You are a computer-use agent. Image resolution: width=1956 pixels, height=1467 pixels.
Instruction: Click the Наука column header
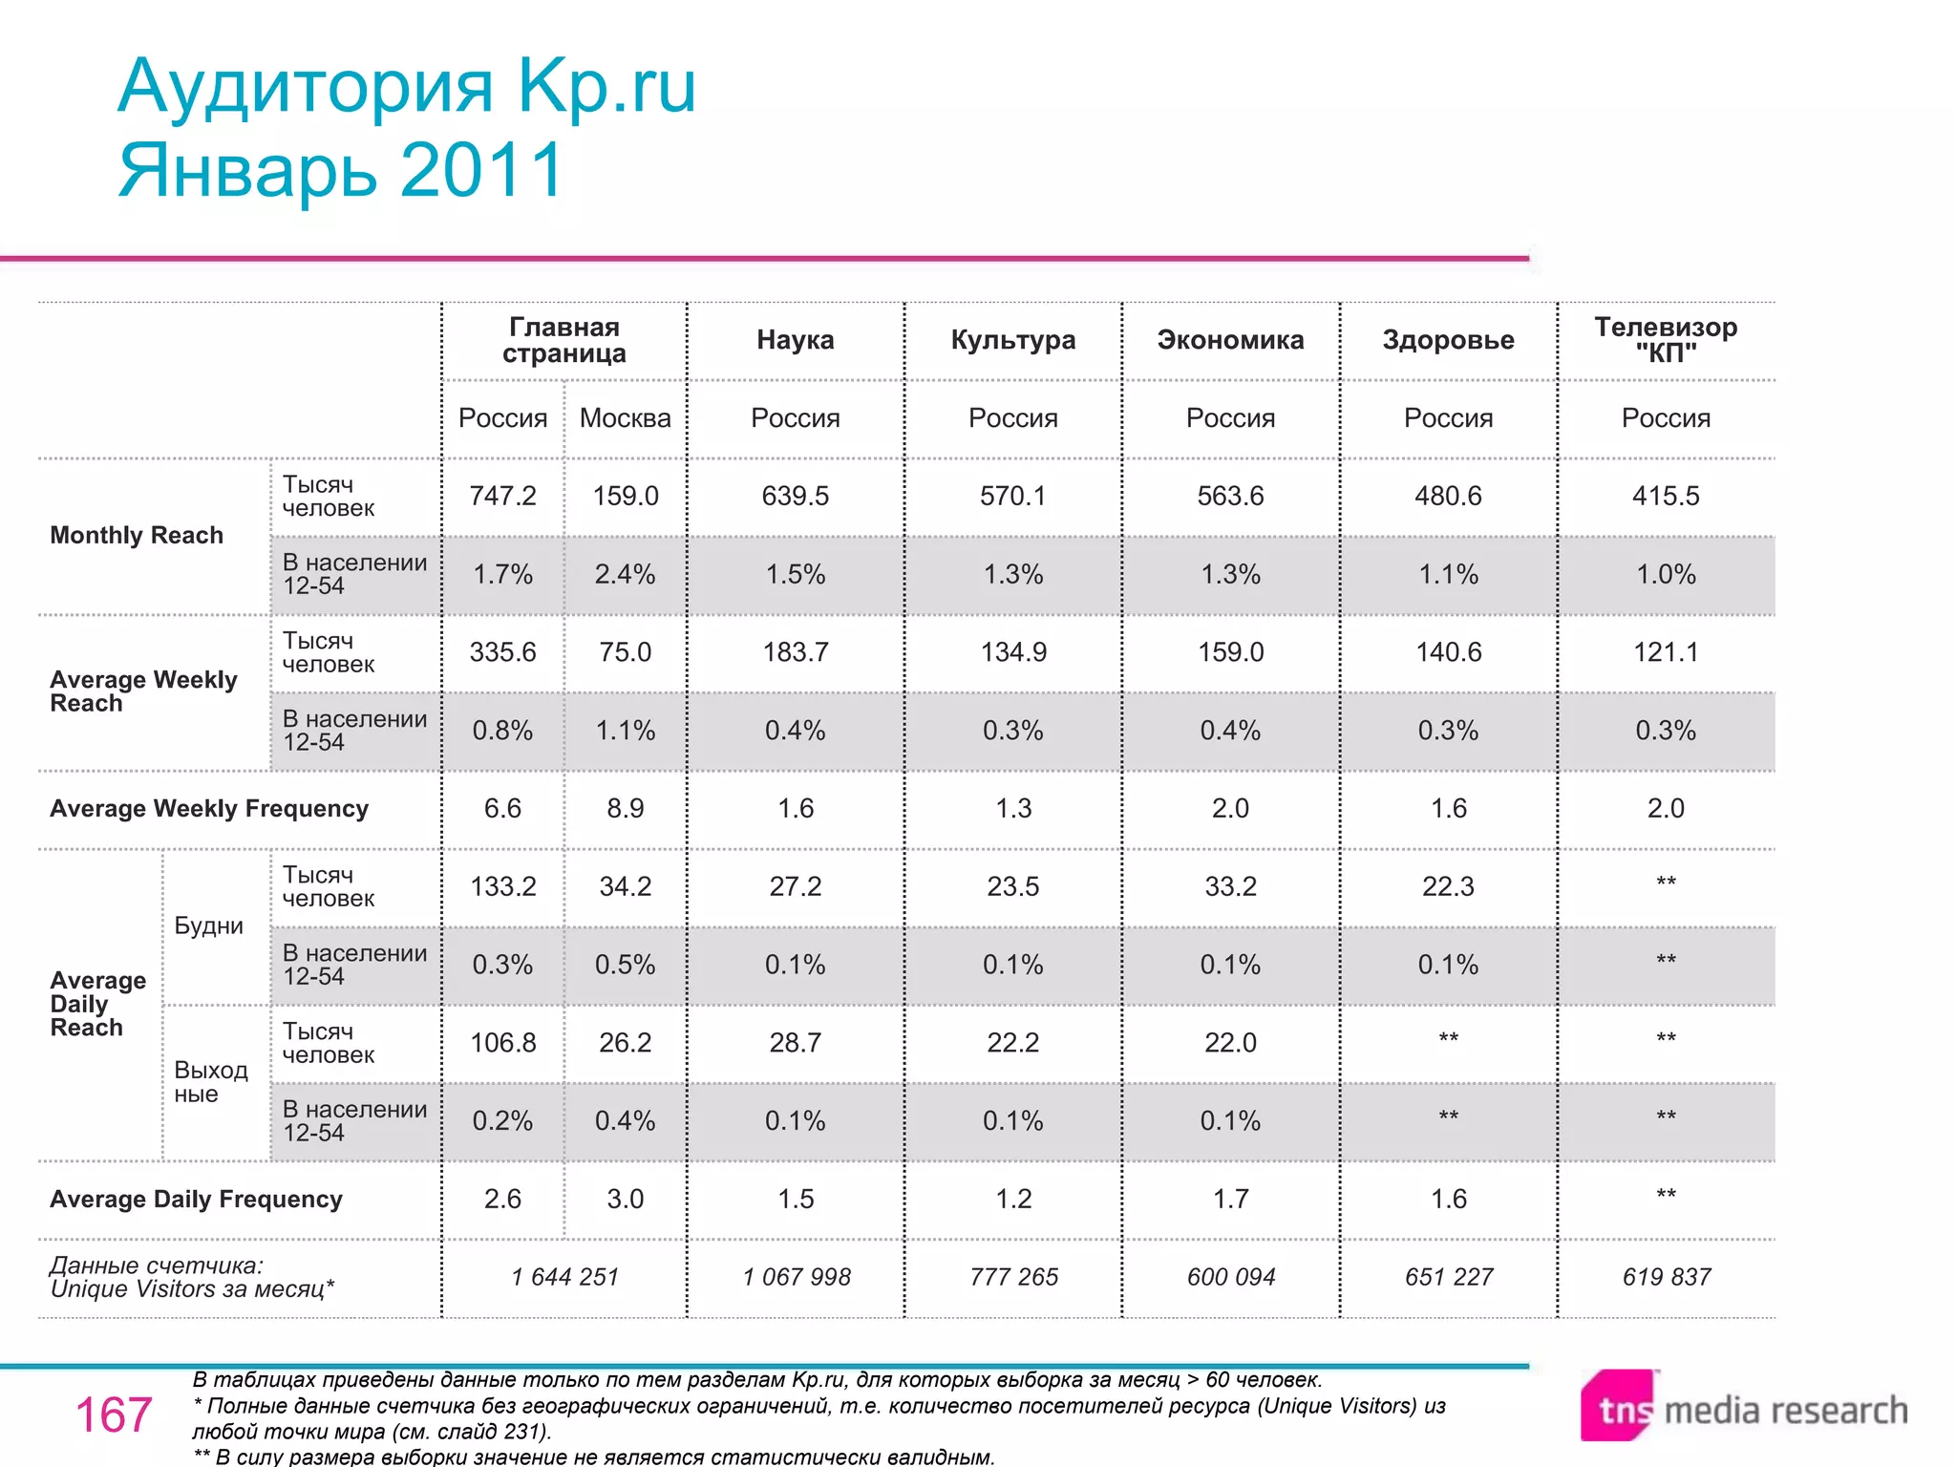[x=795, y=340]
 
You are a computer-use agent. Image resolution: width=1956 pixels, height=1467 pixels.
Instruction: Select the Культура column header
[x=1012, y=340]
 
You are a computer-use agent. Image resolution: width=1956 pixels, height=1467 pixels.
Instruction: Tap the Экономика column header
[x=1230, y=340]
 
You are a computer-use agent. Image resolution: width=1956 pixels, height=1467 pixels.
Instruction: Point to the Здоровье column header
[x=1448, y=340]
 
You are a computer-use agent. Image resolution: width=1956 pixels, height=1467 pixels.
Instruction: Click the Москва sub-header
[x=625, y=418]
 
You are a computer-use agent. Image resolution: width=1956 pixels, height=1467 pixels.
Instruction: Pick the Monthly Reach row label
[x=137, y=535]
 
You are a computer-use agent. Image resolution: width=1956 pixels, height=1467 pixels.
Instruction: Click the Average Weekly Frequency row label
[x=209, y=809]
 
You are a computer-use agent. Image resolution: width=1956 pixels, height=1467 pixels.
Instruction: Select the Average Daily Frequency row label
[x=196, y=1200]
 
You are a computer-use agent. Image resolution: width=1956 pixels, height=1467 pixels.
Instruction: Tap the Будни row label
[x=208, y=925]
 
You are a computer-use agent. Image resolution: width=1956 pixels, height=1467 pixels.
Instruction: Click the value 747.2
[x=502, y=496]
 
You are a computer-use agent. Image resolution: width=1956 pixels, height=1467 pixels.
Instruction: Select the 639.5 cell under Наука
[x=795, y=496]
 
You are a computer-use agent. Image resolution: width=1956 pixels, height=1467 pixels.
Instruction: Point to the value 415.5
[x=1666, y=496]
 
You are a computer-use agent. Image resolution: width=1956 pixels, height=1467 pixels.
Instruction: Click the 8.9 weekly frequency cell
[x=625, y=809]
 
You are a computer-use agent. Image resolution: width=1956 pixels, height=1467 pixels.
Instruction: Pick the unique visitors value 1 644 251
[x=564, y=1277]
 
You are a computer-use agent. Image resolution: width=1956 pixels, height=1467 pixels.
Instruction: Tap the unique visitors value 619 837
[x=1666, y=1277]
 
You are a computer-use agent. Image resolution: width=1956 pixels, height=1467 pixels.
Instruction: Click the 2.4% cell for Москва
[x=625, y=574]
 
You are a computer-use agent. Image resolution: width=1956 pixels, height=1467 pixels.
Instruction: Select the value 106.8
[x=502, y=1043]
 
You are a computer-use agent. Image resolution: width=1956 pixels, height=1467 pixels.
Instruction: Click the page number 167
[x=114, y=1414]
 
